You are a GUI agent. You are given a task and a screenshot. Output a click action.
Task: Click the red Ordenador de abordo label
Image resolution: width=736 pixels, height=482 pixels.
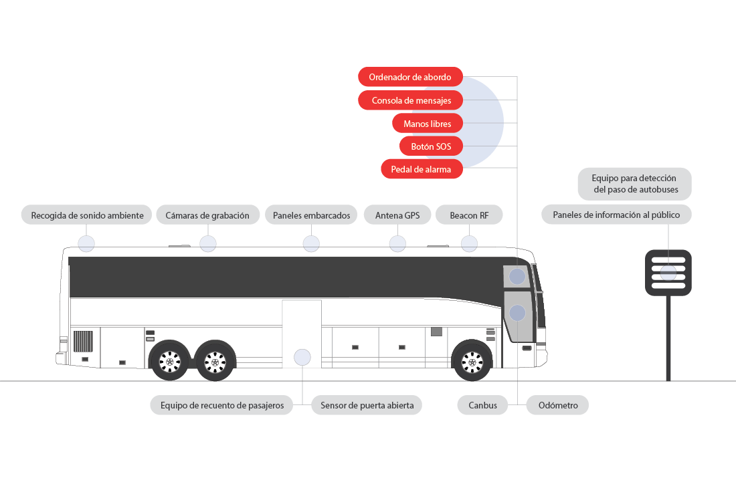click(410, 77)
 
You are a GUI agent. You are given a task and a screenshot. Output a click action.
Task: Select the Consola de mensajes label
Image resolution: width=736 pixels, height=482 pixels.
click(410, 100)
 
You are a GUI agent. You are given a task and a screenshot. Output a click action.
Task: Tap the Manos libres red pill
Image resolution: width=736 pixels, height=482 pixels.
click(428, 124)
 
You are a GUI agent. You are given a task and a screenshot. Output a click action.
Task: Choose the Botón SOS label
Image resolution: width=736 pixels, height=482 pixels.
click(431, 146)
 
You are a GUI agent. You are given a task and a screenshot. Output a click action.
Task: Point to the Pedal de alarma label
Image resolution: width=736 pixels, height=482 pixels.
click(422, 169)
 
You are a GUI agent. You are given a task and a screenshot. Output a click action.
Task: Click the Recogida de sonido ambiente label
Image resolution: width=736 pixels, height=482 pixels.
click(87, 215)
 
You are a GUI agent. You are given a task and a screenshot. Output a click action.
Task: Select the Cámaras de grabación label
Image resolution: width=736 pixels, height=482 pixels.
click(207, 215)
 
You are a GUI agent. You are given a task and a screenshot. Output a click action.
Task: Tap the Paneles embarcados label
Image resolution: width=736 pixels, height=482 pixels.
click(311, 215)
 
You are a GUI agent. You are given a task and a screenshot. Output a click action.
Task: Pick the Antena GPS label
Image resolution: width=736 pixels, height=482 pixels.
click(397, 215)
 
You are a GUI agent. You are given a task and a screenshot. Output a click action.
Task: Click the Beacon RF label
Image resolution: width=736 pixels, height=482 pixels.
click(469, 215)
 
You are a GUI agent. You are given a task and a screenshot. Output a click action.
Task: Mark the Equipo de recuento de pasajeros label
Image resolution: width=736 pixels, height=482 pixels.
click(221, 405)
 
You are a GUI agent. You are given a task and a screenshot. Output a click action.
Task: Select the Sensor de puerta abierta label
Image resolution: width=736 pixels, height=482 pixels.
click(367, 405)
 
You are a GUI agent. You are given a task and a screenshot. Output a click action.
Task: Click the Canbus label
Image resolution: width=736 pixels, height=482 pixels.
click(482, 405)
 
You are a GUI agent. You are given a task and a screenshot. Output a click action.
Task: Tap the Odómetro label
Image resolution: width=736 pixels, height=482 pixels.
click(557, 405)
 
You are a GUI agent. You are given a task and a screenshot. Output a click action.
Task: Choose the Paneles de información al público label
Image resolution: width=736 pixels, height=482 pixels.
click(616, 215)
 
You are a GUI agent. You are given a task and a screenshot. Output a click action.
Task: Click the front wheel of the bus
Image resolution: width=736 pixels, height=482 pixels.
click(472, 362)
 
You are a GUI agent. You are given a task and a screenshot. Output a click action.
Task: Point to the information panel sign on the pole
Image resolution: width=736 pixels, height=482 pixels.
click(668, 272)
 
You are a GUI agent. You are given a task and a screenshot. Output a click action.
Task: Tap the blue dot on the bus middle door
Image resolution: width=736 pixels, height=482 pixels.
click(302, 357)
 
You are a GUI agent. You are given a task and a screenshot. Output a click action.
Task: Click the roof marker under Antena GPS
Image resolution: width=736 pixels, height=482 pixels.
click(397, 244)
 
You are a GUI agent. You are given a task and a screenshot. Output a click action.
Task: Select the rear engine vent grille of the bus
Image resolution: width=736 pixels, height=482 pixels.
click(83, 341)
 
